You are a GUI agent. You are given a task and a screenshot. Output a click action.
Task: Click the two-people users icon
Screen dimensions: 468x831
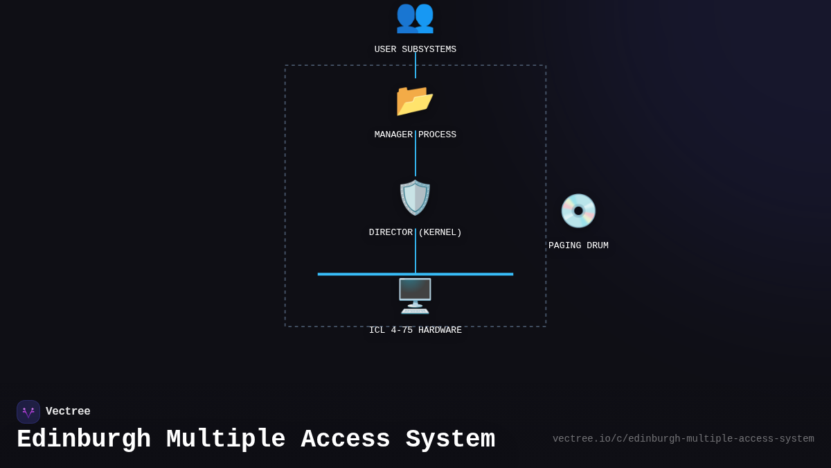[x=415, y=17]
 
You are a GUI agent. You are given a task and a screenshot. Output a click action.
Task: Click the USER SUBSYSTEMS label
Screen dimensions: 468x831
[x=415, y=49]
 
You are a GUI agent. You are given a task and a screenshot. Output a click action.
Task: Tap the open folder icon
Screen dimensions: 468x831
[x=415, y=100]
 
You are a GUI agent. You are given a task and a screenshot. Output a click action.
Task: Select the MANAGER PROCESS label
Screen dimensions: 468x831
[x=415, y=135]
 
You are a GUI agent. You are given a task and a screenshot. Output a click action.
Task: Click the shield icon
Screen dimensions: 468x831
[x=415, y=198]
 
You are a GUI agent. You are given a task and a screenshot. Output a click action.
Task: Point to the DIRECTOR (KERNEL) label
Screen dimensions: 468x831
[x=415, y=232]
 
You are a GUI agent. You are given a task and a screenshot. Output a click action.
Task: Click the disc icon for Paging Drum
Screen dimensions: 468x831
[x=578, y=211]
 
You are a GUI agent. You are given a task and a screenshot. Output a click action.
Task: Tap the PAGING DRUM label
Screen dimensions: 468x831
[x=578, y=245]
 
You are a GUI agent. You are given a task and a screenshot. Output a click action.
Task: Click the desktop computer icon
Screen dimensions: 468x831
[x=415, y=296]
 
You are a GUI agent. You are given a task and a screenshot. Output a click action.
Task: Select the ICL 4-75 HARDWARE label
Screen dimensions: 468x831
[x=415, y=330]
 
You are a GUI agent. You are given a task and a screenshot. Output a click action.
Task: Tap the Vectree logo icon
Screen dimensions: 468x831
[x=28, y=412]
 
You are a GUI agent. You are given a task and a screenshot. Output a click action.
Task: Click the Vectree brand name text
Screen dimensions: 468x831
[x=68, y=411]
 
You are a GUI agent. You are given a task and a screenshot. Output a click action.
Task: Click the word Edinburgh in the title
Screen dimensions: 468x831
[x=84, y=440]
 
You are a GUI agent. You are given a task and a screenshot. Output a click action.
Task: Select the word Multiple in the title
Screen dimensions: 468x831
[x=226, y=440]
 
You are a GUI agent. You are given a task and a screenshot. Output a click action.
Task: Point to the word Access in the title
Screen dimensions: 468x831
[x=346, y=440]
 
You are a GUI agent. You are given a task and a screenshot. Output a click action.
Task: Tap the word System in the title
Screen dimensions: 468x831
[x=450, y=440]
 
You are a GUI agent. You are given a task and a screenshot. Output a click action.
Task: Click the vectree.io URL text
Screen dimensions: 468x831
[x=683, y=439]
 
